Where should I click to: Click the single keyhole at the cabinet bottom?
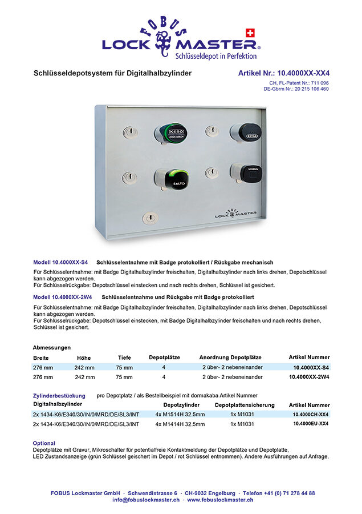[150, 218]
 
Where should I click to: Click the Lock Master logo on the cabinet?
[235, 214]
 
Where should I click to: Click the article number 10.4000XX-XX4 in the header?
[283, 74]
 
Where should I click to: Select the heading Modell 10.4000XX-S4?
[60, 262]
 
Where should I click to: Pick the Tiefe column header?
[124, 358]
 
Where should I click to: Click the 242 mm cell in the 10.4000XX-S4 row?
[84, 368]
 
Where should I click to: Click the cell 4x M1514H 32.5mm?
[180, 415]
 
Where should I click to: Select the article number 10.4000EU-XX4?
[311, 424]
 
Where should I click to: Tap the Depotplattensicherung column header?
[245, 405]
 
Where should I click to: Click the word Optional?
[44, 443]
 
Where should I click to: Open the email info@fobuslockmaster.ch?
[146, 500]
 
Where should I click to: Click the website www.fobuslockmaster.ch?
[220, 500]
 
